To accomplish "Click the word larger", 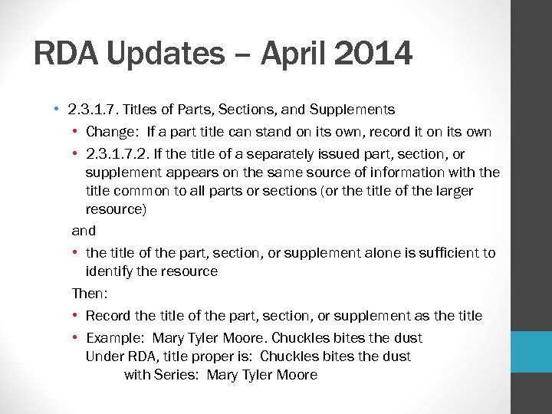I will (x=452, y=191).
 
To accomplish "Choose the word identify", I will (x=108, y=271).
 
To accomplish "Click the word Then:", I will (x=85, y=294).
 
